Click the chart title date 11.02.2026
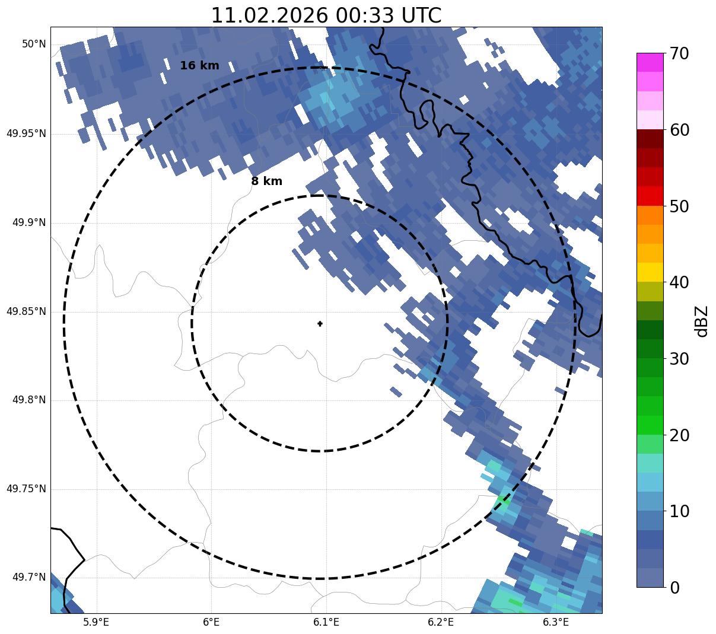click(269, 15)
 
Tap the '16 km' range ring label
click(199, 66)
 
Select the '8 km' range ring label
click(266, 181)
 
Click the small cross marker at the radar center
click(320, 323)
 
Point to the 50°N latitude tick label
click(34, 44)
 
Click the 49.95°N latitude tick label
click(26, 133)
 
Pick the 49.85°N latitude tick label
click(26, 311)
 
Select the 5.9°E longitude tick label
click(96, 622)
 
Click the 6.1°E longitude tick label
click(326, 622)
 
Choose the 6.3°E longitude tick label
click(556, 622)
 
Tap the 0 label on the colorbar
click(674, 588)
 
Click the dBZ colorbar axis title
click(702, 320)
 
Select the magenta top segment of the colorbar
click(650, 62)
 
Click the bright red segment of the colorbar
click(650, 196)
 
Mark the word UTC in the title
click(421, 15)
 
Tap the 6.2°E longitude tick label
click(441, 622)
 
